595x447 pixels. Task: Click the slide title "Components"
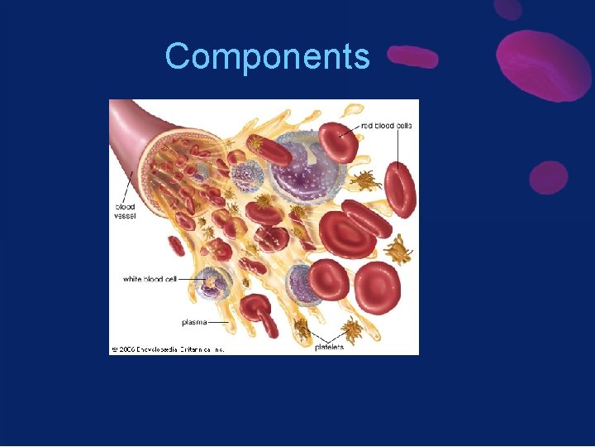[267, 57]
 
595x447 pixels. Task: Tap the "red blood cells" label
[386, 126]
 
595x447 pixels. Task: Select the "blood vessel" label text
[125, 211]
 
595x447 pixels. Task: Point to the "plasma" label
[194, 321]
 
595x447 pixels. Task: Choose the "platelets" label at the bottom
[329, 347]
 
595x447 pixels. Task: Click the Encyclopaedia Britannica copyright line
[168, 349]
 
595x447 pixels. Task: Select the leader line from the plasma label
[219, 321]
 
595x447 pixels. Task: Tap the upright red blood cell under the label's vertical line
[401, 190]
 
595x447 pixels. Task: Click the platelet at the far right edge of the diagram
[401, 248]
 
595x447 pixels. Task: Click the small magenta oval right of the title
[412, 56]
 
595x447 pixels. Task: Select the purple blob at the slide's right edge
[548, 177]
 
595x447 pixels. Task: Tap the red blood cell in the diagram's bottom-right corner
[377, 287]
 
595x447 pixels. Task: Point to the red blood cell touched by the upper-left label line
[339, 142]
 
